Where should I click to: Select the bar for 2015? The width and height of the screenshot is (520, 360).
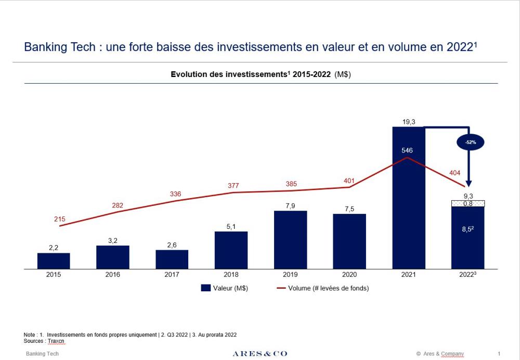tap(54, 261)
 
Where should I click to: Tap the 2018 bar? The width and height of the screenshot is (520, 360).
tap(231, 250)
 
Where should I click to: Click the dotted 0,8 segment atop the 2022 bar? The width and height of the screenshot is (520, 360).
tap(467, 203)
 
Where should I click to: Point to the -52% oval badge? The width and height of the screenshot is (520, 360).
tap(470, 143)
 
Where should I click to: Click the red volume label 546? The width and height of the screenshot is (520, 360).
tap(407, 150)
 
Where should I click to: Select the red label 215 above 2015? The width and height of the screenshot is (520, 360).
tap(60, 219)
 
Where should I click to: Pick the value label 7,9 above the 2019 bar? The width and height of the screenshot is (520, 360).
tap(290, 206)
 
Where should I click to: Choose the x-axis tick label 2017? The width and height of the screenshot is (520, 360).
tap(172, 275)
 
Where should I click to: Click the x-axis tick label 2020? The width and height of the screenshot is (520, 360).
tap(349, 275)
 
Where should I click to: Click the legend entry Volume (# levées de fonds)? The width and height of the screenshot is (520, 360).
tap(322, 288)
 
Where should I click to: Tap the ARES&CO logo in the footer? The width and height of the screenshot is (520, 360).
tap(259, 354)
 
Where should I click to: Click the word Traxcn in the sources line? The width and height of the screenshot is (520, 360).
tap(57, 341)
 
